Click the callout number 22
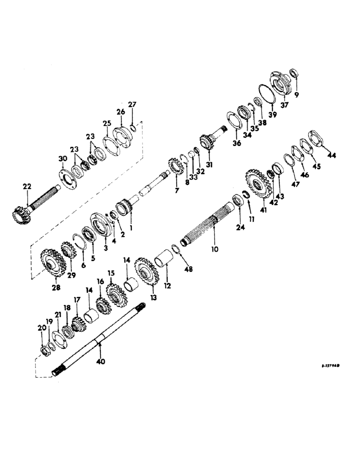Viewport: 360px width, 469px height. (27, 187)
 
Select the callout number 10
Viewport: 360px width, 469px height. (214, 250)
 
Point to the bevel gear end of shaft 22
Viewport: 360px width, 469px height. (21, 216)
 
